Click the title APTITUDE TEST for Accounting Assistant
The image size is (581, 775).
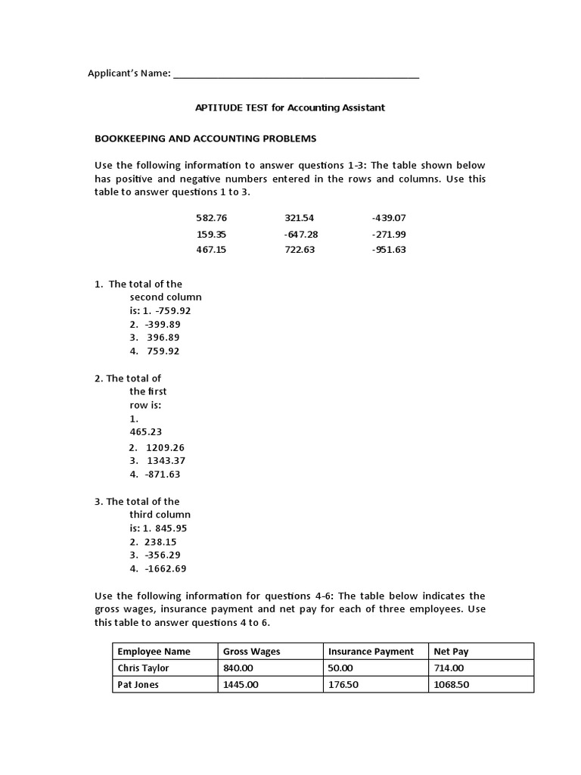[290, 107]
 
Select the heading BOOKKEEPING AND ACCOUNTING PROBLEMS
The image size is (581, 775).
[205, 139]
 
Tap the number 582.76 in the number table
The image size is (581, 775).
[211, 218]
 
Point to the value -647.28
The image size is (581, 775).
[300, 234]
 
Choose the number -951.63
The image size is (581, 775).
[389, 250]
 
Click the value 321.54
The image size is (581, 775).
[299, 218]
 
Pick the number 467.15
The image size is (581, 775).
[211, 250]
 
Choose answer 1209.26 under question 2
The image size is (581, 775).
[165, 447]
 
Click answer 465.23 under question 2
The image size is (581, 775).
[145, 432]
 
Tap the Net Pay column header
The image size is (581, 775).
[451, 652]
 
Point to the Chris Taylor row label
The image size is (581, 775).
[143, 668]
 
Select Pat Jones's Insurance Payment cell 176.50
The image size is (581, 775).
[344, 685]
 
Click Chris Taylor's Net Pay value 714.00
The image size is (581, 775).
[449, 668]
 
